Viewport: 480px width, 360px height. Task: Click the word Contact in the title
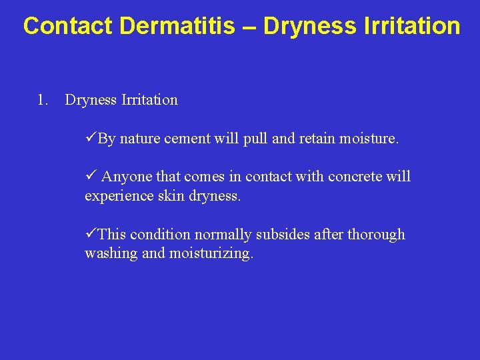69,26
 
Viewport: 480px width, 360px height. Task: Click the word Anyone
127,177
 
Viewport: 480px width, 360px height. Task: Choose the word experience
117,196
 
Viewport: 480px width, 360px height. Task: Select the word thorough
376,235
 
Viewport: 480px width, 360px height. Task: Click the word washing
109,255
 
